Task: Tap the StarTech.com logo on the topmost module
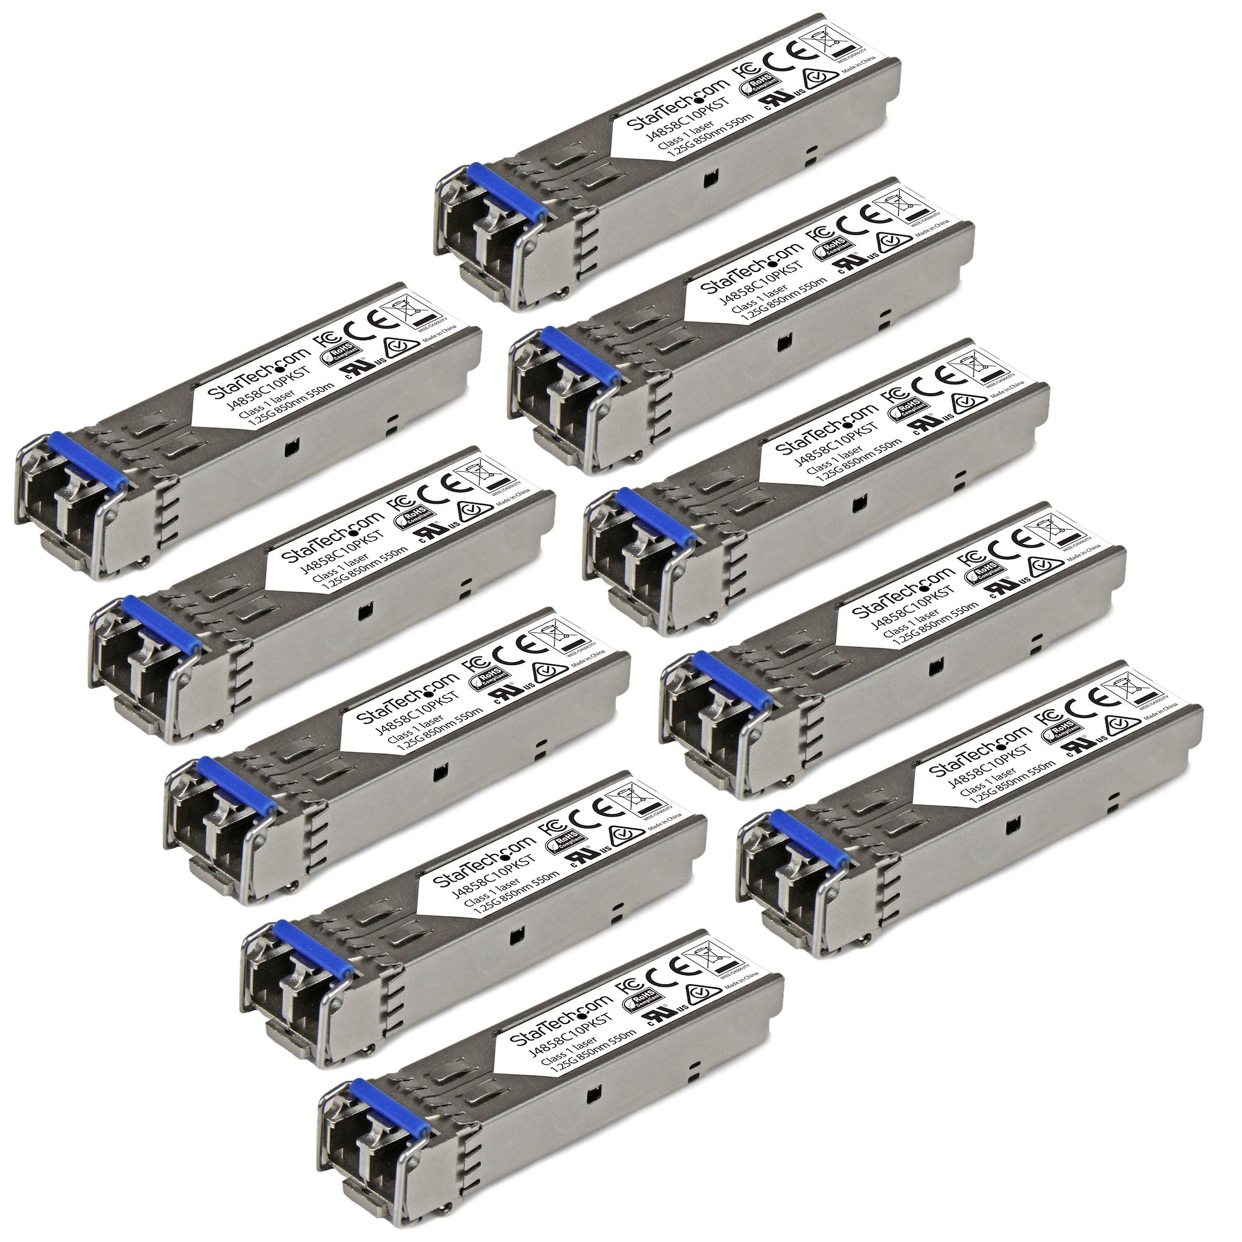click(681, 107)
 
